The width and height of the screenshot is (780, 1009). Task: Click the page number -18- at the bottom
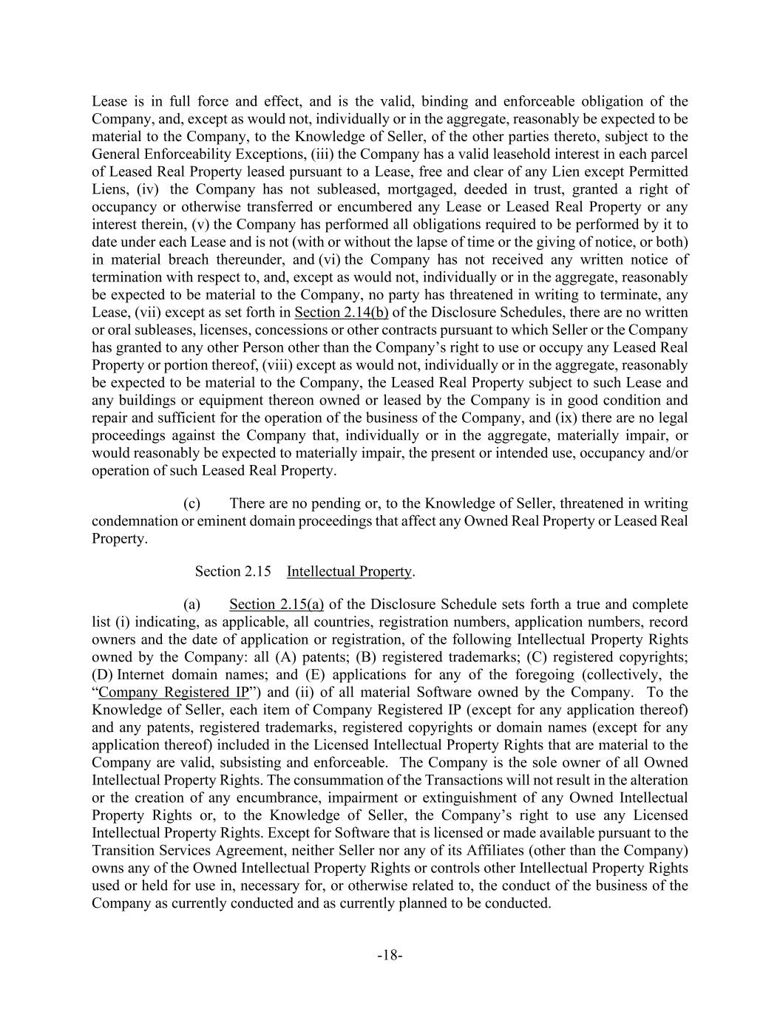pos(390,956)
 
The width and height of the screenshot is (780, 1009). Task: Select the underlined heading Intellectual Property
pos(349,571)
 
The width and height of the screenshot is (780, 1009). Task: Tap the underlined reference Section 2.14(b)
pos(342,313)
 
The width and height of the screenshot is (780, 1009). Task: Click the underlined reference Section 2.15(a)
pos(277,605)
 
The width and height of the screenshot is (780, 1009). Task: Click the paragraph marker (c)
pos(191,504)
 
